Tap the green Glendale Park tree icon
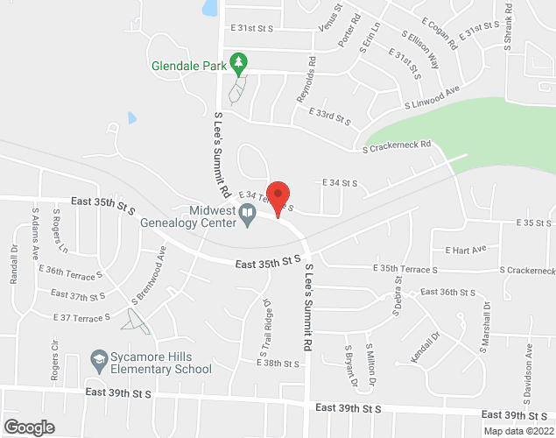[236, 62]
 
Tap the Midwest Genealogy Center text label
[190, 215]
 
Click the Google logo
[29, 427]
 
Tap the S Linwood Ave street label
[431, 99]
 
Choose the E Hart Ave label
[465, 250]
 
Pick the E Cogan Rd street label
[440, 32]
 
